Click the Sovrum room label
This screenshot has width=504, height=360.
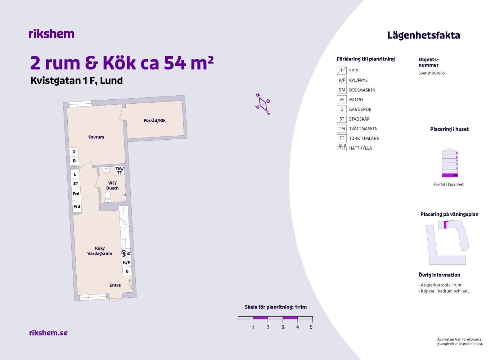[x=96, y=137]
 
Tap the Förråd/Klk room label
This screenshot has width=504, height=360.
[x=154, y=120]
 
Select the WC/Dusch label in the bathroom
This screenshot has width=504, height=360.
[x=112, y=186]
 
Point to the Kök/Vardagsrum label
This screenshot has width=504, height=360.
[x=100, y=251]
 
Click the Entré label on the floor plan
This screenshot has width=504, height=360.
[x=115, y=285]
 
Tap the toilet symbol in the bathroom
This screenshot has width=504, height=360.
[x=108, y=197]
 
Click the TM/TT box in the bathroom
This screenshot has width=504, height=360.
[x=120, y=171]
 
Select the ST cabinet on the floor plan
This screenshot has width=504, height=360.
[x=76, y=183]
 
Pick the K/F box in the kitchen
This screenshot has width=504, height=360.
[x=126, y=262]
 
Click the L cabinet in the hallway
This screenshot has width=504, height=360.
[x=75, y=174]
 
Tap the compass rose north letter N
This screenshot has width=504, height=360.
[x=258, y=95]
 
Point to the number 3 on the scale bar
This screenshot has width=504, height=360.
[x=283, y=327]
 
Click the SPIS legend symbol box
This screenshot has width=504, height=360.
[x=342, y=71]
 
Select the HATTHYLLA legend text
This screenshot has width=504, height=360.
[x=360, y=148]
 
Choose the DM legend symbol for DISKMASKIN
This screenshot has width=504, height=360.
[x=342, y=90]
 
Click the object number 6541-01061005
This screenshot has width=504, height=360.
[x=432, y=73]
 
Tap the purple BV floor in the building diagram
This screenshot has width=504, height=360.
[x=450, y=175]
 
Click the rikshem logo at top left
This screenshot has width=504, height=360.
[x=51, y=34]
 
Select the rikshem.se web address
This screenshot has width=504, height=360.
[x=48, y=333]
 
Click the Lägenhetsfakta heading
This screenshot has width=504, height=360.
[x=424, y=36]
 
